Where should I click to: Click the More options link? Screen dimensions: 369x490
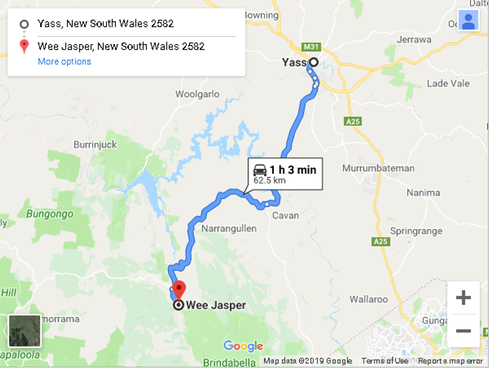click(64, 62)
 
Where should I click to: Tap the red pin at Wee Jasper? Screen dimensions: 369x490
click(179, 289)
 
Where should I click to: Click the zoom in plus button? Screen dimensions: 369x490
click(463, 298)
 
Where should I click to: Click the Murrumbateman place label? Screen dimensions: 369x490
click(378, 168)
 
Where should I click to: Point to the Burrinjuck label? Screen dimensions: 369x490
click(95, 145)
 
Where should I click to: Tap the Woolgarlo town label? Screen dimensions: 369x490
click(197, 94)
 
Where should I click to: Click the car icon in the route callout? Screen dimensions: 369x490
click(260, 170)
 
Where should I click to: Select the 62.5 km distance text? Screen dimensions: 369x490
click(270, 180)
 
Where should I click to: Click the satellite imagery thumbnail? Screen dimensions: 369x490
click(25, 331)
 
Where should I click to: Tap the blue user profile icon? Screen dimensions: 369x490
click(468, 20)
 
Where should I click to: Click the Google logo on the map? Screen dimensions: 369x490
click(243, 346)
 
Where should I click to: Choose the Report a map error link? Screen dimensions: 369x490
click(451, 361)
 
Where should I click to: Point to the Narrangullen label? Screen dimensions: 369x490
click(229, 228)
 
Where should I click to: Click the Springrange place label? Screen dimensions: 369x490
click(416, 231)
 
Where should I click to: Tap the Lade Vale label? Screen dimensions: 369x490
click(448, 84)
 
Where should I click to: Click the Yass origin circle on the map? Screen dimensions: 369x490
click(313, 63)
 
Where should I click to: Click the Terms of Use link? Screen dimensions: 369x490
click(385, 361)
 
